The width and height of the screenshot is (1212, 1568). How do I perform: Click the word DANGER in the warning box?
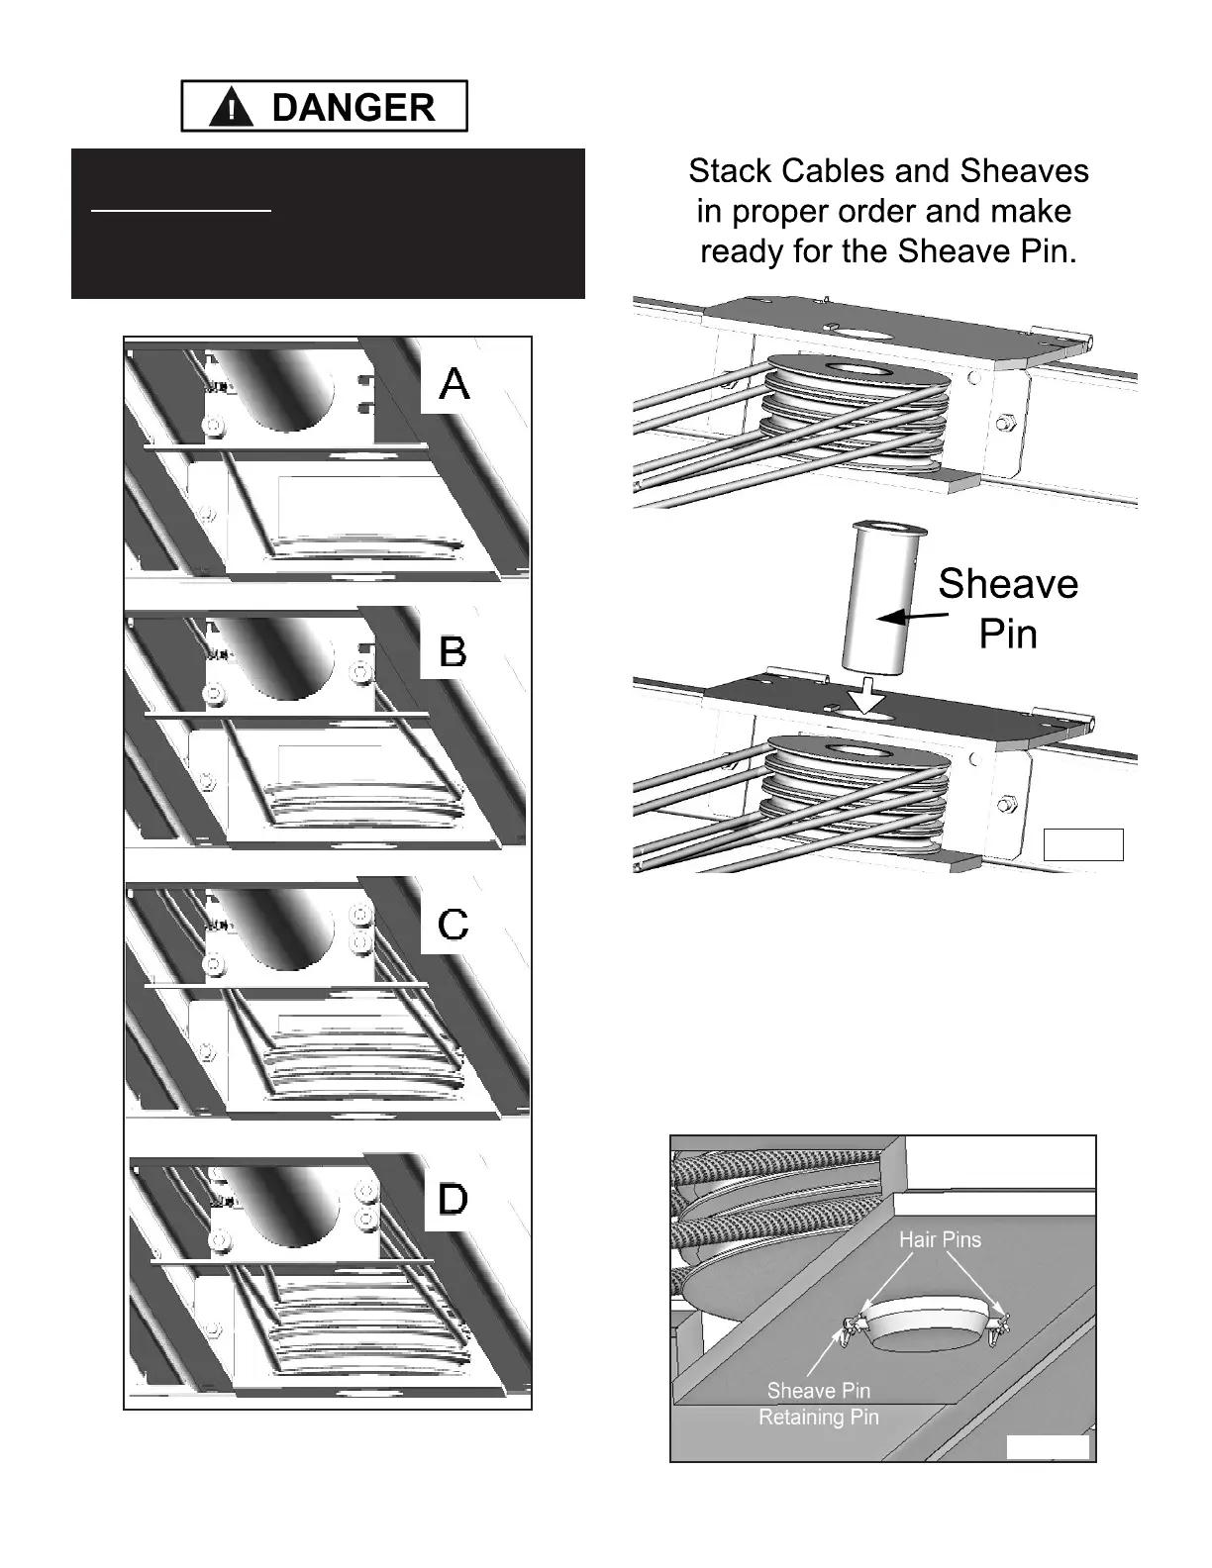[353, 107]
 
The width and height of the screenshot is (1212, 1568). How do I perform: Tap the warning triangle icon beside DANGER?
[231, 108]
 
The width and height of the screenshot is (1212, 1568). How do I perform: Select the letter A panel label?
[454, 384]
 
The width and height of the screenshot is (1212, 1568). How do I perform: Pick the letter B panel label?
[453, 652]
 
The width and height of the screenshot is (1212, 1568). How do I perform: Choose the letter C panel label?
[453, 926]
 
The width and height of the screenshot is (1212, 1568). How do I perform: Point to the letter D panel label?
[453, 1200]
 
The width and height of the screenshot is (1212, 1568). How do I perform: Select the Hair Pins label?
[940, 1239]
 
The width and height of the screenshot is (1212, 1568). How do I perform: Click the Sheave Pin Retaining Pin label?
[819, 1404]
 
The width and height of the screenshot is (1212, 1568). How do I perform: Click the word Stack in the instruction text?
[730, 171]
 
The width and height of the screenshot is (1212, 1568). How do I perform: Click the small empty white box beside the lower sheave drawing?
[1083, 844]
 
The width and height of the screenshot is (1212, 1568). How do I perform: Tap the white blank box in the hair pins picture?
[1048, 1447]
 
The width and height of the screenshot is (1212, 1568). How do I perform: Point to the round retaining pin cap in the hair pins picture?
[925, 1326]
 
